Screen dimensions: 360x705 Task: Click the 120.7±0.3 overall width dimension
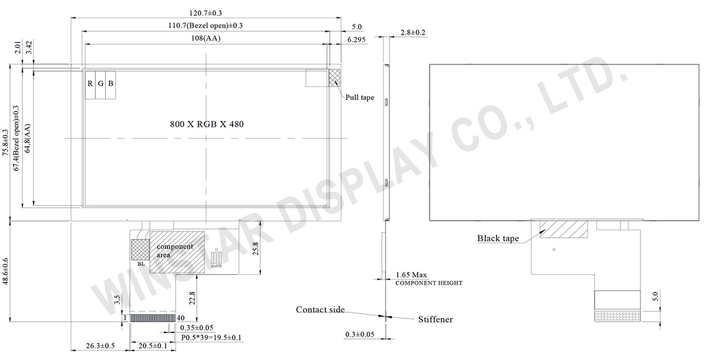tap(206, 13)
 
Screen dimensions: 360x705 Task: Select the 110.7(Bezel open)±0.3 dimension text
tap(206, 26)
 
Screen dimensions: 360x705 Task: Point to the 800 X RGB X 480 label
tap(206, 124)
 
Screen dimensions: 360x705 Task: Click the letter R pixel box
tap(90, 84)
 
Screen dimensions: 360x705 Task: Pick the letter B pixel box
tap(110, 84)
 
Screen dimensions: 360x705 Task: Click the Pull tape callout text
tap(359, 98)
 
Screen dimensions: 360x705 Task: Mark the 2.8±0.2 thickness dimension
tap(412, 32)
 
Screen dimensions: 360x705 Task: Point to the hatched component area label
tap(174, 251)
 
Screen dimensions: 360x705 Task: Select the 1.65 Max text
tap(411, 275)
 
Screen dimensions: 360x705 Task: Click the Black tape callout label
tap(497, 238)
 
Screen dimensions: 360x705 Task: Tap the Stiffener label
tap(435, 320)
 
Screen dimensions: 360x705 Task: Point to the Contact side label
tap(320, 309)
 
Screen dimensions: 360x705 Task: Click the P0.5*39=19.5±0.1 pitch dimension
tap(211, 338)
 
